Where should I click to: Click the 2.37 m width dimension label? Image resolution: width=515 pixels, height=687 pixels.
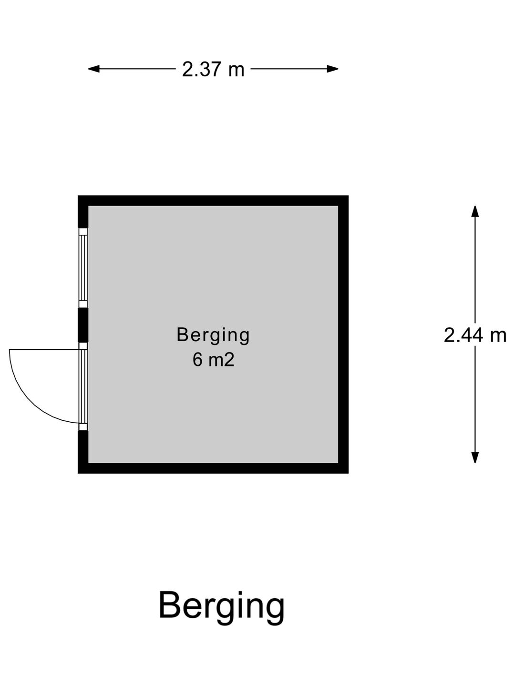pyautogui.click(x=213, y=69)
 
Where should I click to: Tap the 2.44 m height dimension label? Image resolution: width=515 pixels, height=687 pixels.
pyautogui.click(x=474, y=336)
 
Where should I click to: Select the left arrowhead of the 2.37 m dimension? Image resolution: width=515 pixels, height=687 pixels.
pyautogui.click(x=94, y=69)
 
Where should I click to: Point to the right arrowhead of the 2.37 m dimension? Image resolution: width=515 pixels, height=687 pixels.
pyautogui.click(x=332, y=69)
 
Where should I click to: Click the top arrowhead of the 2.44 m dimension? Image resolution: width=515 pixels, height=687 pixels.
pyautogui.click(x=475, y=211)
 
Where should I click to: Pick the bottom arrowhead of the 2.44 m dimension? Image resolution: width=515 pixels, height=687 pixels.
pyautogui.click(x=475, y=458)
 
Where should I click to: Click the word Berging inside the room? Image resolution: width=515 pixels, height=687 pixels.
pyautogui.click(x=213, y=335)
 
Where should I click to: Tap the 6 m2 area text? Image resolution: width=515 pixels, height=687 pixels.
pyautogui.click(x=213, y=360)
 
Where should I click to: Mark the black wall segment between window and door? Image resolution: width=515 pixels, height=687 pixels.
pyautogui.click(x=83, y=325)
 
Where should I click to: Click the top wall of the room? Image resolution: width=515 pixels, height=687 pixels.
pyautogui.click(x=213, y=201)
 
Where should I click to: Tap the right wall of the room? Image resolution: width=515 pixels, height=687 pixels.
pyautogui.click(x=343, y=334)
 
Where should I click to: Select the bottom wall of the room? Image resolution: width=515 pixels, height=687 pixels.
pyautogui.click(x=213, y=468)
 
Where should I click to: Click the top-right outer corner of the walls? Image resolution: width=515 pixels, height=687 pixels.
pyautogui.click(x=348, y=196)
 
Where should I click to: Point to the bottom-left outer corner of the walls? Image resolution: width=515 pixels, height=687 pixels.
pyautogui.click(x=78, y=474)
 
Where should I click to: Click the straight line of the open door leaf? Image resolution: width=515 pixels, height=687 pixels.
pyautogui.click(x=44, y=349)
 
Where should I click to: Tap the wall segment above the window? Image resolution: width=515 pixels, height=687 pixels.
pyautogui.click(x=83, y=212)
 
